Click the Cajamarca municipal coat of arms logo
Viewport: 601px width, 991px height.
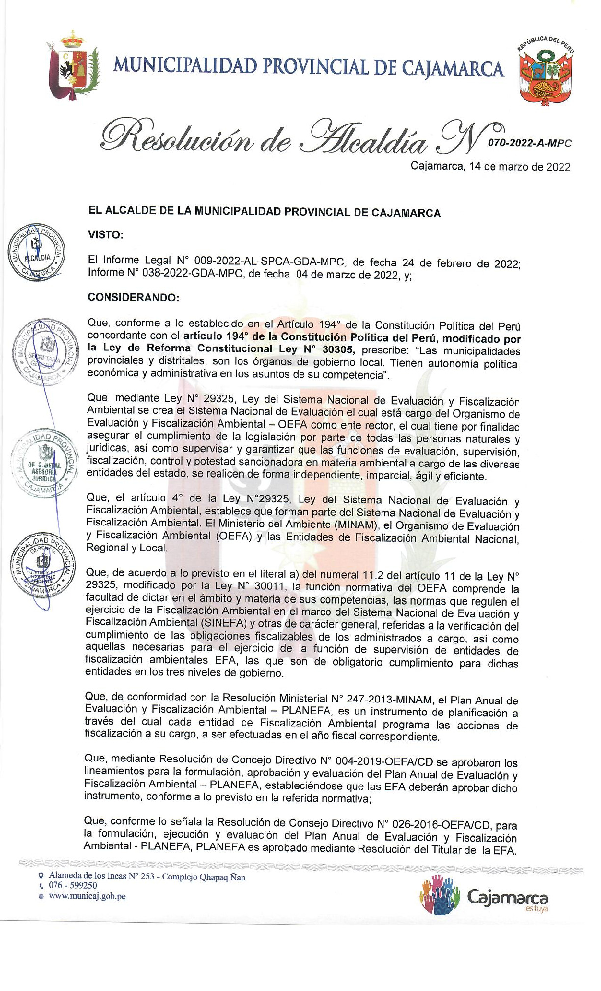pos(73,66)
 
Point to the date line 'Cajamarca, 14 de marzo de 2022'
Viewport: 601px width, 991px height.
pos(491,166)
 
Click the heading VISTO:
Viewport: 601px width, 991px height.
pos(106,235)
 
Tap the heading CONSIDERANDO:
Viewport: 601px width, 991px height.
pos(134,298)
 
